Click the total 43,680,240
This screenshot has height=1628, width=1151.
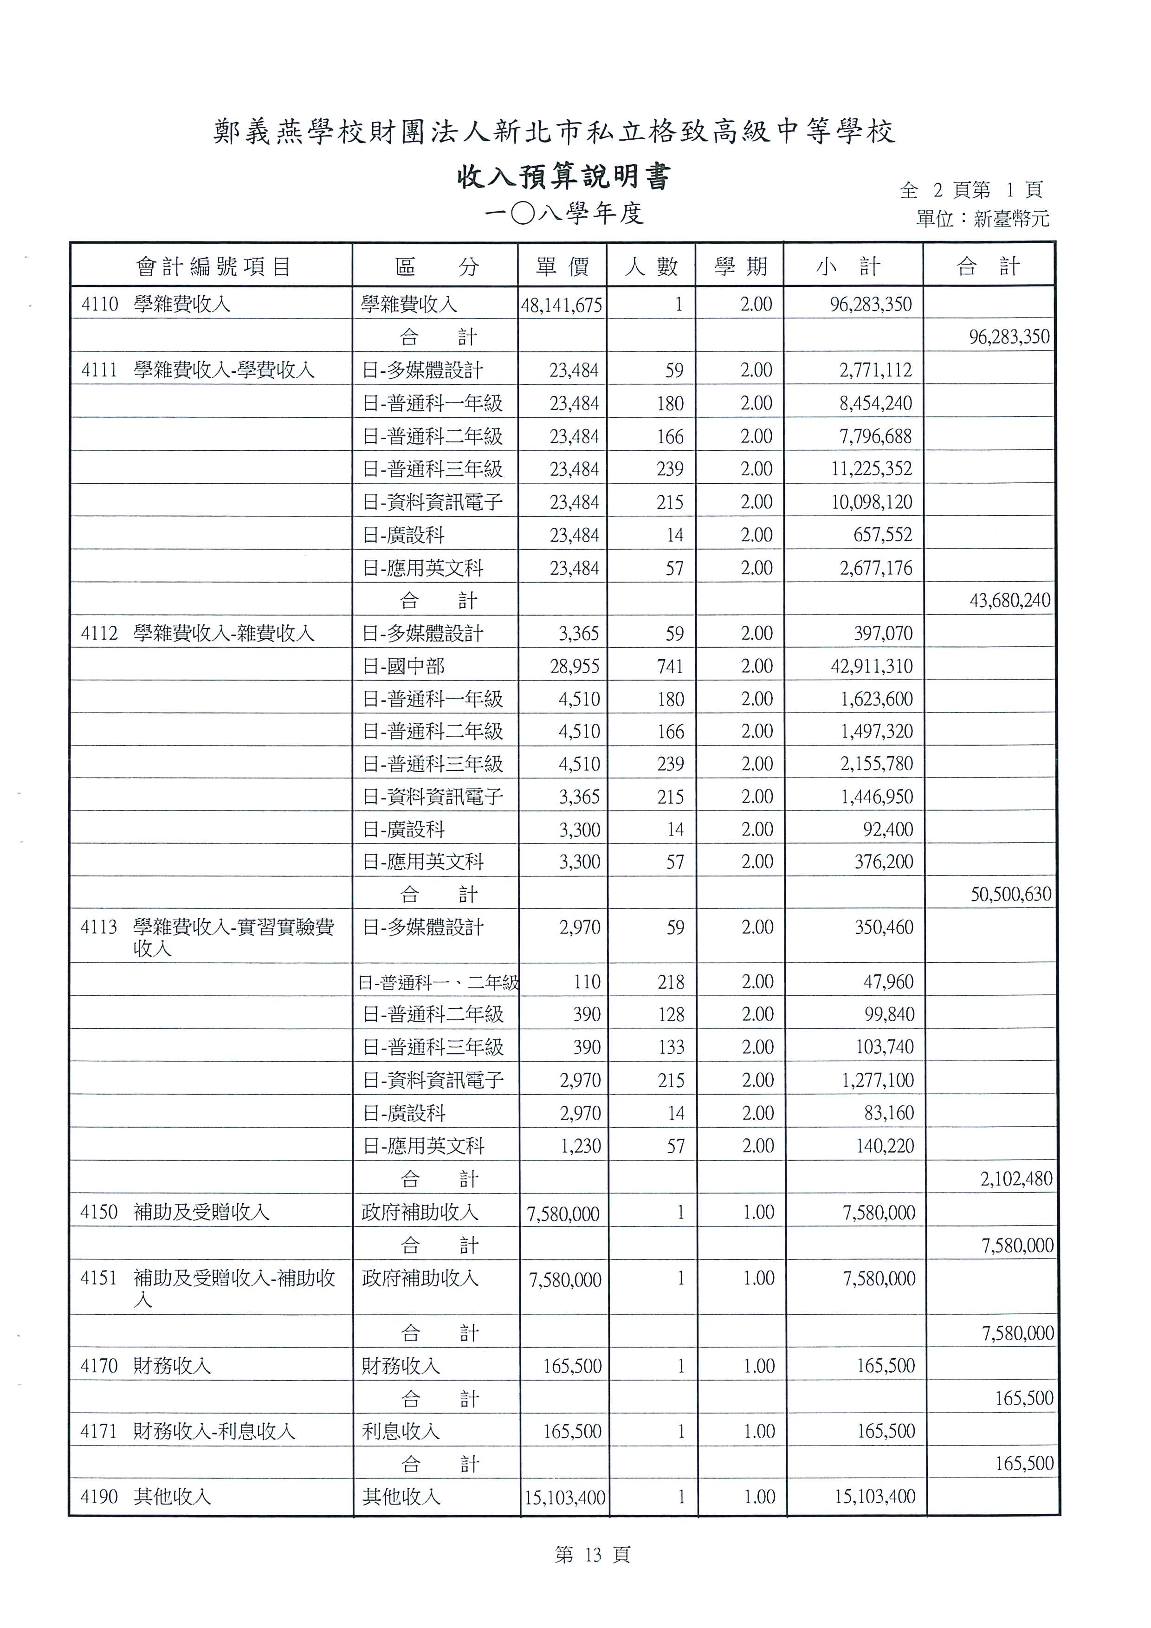click(1009, 601)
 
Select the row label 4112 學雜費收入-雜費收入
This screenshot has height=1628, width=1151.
click(197, 633)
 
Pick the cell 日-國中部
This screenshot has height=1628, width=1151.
click(403, 667)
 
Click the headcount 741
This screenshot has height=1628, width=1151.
click(669, 667)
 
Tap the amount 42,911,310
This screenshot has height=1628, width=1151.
click(872, 667)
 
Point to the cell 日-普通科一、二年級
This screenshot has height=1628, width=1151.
click(438, 982)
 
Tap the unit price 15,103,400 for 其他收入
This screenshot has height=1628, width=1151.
click(565, 1498)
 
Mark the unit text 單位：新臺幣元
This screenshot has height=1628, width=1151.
click(983, 218)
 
